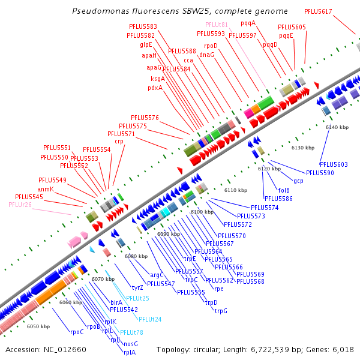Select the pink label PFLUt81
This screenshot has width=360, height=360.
coord(217,25)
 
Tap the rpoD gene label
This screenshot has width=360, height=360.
coord(211,46)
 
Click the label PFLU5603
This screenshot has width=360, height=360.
coord(334,164)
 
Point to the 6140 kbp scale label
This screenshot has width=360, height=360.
coord(337,127)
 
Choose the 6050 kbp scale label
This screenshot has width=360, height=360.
coord(38,326)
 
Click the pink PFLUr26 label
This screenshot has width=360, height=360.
coord(20,205)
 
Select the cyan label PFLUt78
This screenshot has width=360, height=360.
coord(131,332)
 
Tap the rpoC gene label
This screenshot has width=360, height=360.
coord(77,332)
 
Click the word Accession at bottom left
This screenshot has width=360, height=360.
coord(23,349)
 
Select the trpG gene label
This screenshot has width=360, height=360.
coord(221,311)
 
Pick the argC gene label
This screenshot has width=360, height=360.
coord(157,275)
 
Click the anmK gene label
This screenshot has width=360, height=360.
coord(46,189)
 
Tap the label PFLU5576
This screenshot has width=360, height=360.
coord(144,118)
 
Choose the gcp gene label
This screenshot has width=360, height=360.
coord(298,181)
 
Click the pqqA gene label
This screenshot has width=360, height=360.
coord(248,23)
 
